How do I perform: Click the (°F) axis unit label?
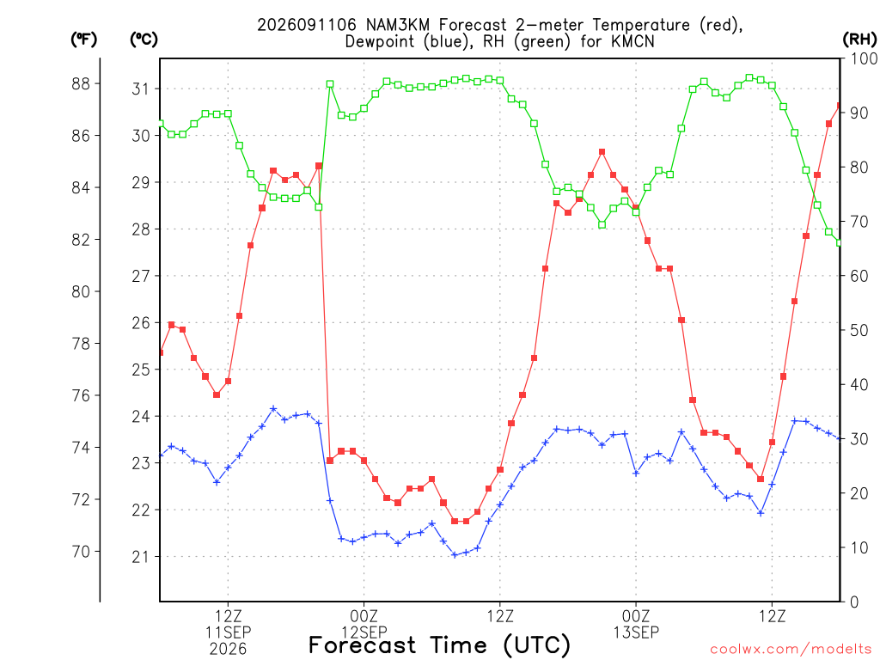[83, 40]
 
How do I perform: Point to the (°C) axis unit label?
[144, 40]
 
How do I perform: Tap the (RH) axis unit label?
[859, 40]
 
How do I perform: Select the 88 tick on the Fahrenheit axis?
[81, 83]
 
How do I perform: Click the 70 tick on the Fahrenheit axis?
[81, 552]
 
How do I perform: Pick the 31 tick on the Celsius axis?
[140, 89]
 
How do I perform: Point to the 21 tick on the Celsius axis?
[140, 557]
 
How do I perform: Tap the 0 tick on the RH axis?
[854, 602]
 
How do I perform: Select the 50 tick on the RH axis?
[859, 331]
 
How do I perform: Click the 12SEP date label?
[364, 632]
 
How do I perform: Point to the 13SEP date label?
[636, 632]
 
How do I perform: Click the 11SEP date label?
[228, 632]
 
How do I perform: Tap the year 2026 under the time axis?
[228, 650]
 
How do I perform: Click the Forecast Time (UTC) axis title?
[439, 645]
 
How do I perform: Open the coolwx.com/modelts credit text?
[791, 650]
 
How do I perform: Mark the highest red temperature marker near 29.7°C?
[602, 152]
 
